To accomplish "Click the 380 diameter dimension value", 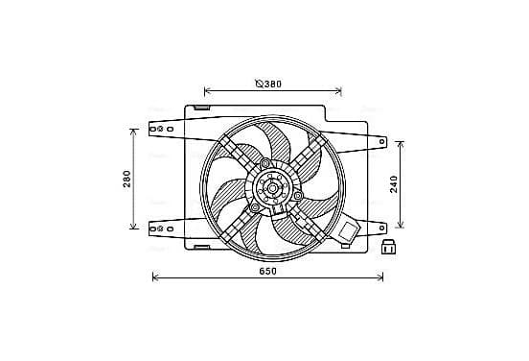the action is [x=272, y=84].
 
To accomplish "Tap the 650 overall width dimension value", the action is [x=268, y=271].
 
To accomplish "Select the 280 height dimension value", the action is [x=126, y=179].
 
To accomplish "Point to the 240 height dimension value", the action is [x=394, y=184].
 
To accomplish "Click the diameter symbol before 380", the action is [x=259, y=84].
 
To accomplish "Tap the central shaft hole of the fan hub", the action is [x=272, y=188].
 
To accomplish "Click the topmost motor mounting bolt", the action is [x=265, y=163].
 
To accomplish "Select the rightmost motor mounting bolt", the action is [x=297, y=196].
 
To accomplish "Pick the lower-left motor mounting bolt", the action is [x=255, y=207].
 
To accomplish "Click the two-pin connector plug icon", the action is [x=388, y=248].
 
